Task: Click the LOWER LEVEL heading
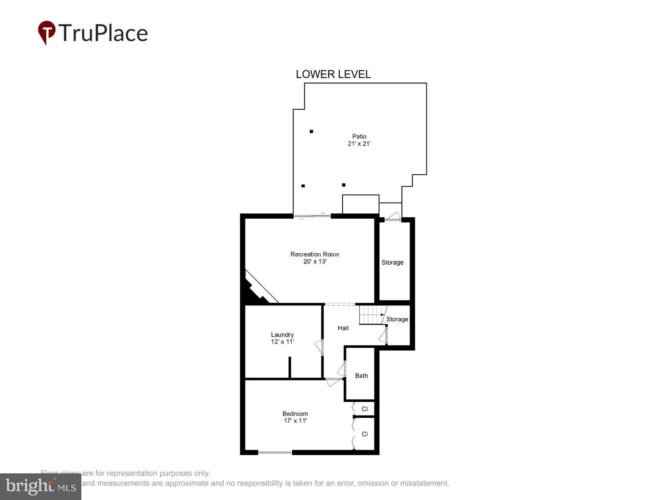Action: click(x=333, y=74)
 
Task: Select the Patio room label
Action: click(x=359, y=136)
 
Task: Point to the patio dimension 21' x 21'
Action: click(x=359, y=144)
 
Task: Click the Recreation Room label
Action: click(x=315, y=254)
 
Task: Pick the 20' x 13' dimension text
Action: click(x=315, y=261)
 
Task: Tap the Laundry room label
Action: click(x=282, y=335)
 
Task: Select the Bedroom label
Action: click(x=295, y=413)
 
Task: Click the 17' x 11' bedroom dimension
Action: click(x=295, y=420)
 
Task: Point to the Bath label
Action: click(x=362, y=376)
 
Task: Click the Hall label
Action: click(x=343, y=328)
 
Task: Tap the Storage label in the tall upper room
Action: click(x=392, y=262)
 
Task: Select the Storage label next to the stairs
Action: click(x=397, y=319)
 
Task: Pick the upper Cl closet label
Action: click(x=365, y=409)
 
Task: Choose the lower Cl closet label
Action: click(x=365, y=434)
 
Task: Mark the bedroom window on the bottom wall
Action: click(x=275, y=452)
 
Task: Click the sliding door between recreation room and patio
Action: click(x=312, y=216)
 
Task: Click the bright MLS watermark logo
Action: click(x=40, y=486)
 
